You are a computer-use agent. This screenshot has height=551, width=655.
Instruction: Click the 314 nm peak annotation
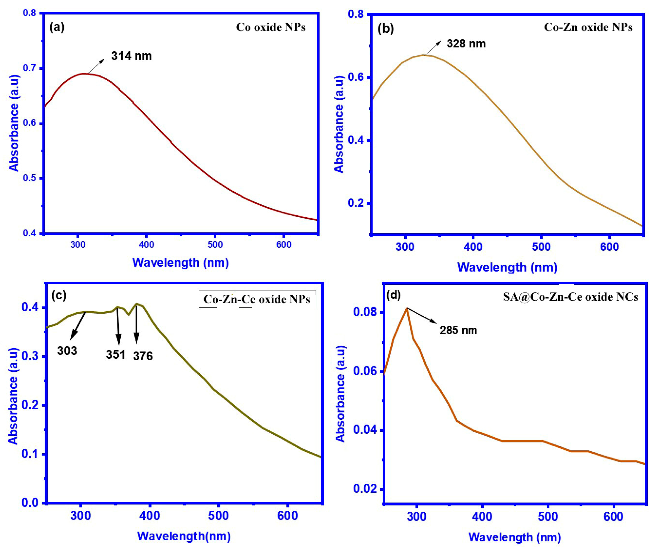click(131, 56)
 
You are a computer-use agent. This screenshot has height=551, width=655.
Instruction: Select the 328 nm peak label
click(466, 44)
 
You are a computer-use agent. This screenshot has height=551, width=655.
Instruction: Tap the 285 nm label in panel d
click(458, 330)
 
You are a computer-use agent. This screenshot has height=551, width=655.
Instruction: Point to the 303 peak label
click(67, 351)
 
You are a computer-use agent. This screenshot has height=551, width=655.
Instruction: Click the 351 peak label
click(115, 355)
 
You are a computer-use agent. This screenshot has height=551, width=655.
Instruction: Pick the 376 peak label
click(143, 356)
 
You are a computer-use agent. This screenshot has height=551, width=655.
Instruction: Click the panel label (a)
click(57, 27)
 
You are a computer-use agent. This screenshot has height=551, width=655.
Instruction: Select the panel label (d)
click(394, 295)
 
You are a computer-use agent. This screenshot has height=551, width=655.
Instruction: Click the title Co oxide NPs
click(271, 27)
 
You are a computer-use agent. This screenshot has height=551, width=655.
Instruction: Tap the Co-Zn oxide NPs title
click(588, 27)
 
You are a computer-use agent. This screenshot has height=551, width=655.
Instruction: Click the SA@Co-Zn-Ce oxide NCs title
click(570, 297)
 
